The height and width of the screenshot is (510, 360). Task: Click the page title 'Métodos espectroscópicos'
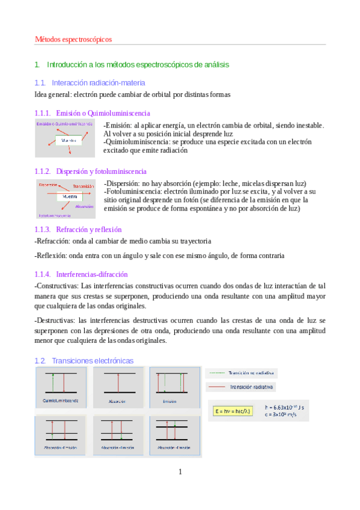(73, 39)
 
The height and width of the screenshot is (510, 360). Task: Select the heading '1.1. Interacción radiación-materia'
(90, 82)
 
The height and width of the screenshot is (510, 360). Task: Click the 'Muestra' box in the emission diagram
(68, 140)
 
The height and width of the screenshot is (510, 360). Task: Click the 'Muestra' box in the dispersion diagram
(69, 197)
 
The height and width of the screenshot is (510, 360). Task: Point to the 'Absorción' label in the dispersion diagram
(84, 206)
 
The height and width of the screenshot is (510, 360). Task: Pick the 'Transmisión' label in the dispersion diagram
(84, 186)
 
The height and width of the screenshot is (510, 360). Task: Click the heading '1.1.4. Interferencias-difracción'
(87, 274)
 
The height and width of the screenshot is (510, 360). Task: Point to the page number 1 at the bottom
(180, 472)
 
